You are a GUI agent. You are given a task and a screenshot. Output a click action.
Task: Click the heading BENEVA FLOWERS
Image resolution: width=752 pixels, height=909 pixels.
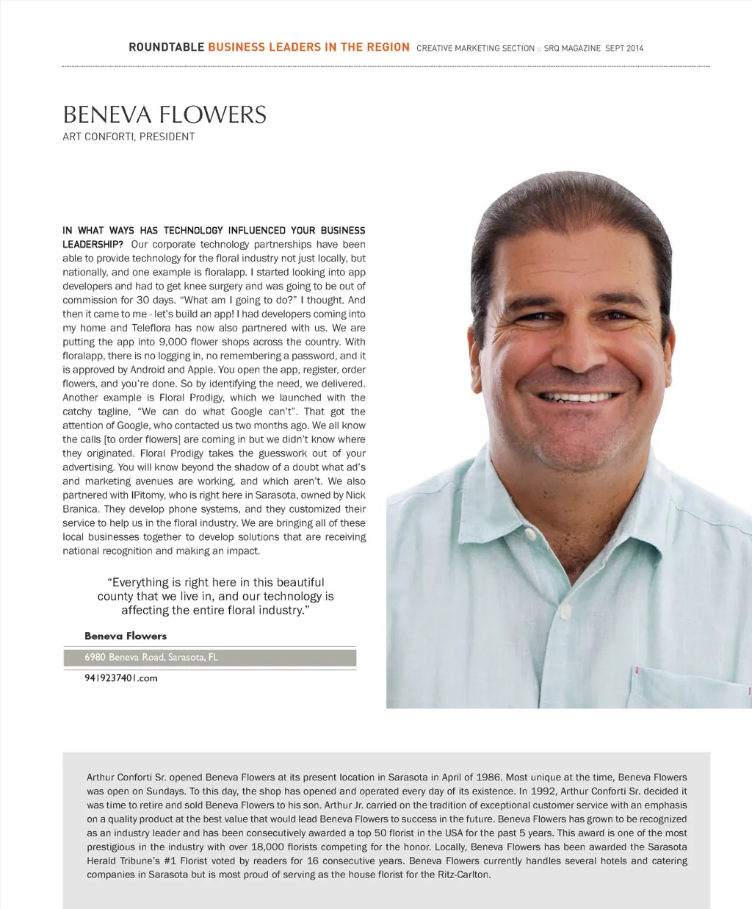164,115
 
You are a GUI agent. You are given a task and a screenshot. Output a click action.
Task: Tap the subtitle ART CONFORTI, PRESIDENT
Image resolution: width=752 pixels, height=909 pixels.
129,137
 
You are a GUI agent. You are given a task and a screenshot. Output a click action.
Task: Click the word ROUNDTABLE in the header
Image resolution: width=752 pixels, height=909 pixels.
166,47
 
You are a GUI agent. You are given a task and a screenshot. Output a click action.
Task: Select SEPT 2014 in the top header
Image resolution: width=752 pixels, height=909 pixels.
624,48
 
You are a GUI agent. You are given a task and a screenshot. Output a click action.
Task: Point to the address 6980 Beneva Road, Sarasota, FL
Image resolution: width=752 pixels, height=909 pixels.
151,657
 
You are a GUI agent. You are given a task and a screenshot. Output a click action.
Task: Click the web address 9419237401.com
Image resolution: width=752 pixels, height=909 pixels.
121,678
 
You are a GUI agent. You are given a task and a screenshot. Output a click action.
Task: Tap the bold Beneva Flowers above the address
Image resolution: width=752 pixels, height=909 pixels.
126,636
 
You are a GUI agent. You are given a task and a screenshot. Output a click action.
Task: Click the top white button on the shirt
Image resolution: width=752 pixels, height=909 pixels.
565,611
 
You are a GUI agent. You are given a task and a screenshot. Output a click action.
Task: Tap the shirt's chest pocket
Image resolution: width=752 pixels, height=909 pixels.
690,687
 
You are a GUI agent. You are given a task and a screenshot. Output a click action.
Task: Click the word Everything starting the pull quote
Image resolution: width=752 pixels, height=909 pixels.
140,582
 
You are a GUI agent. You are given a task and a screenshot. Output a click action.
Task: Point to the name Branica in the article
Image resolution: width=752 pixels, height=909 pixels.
80,509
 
